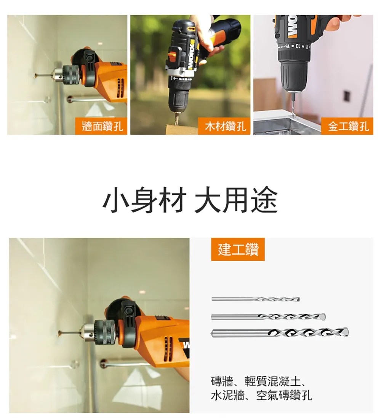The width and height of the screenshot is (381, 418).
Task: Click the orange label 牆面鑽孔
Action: pyautogui.click(x=101, y=126)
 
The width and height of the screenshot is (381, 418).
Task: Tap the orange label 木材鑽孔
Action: pyautogui.click(x=224, y=126)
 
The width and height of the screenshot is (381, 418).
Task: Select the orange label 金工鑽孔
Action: pyautogui.click(x=347, y=126)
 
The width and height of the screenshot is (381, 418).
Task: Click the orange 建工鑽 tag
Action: pyautogui.click(x=238, y=249)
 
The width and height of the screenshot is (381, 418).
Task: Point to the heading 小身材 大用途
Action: pyautogui.click(x=190, y=200)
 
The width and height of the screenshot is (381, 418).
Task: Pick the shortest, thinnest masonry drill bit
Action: pyautogui.click(x=256, y=299)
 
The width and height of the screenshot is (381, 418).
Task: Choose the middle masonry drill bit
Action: pyautogui.click(x=268, y=317)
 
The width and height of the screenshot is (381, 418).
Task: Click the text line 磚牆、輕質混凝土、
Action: pyautogui.click(x=258, y=381)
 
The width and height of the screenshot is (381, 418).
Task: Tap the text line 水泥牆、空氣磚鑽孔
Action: pyautogui.click(x=261, y=395)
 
